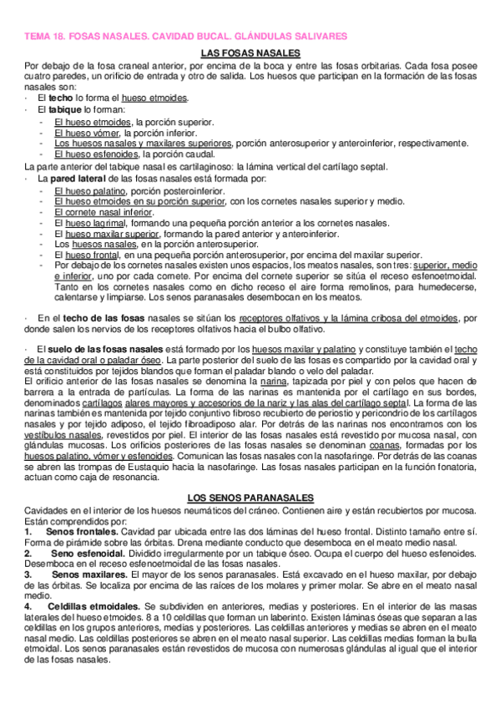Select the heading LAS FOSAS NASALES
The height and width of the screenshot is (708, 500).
point(250,53)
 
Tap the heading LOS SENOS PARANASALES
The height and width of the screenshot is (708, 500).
point(250,496)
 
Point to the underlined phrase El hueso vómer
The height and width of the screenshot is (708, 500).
point(87,132)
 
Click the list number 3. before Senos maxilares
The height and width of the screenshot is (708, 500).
point(30,575)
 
